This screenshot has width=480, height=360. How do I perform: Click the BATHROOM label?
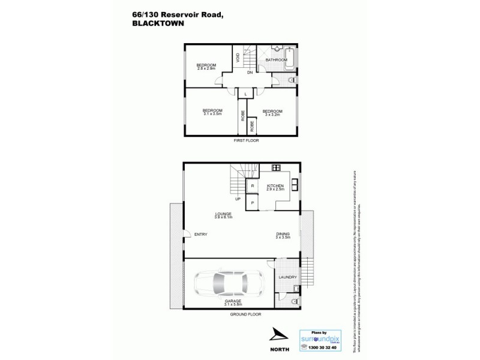(276, 60)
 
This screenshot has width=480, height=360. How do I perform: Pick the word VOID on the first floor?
(238, 58)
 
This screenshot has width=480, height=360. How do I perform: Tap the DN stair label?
(250, 73)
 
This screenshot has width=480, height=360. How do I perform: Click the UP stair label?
(238, 199)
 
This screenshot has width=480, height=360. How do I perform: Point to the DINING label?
(283, 234)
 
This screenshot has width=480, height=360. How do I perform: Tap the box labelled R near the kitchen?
(253, 187)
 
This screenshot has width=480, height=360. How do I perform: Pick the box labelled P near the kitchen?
(253, 203)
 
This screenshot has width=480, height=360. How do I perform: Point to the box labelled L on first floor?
(246, 94)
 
